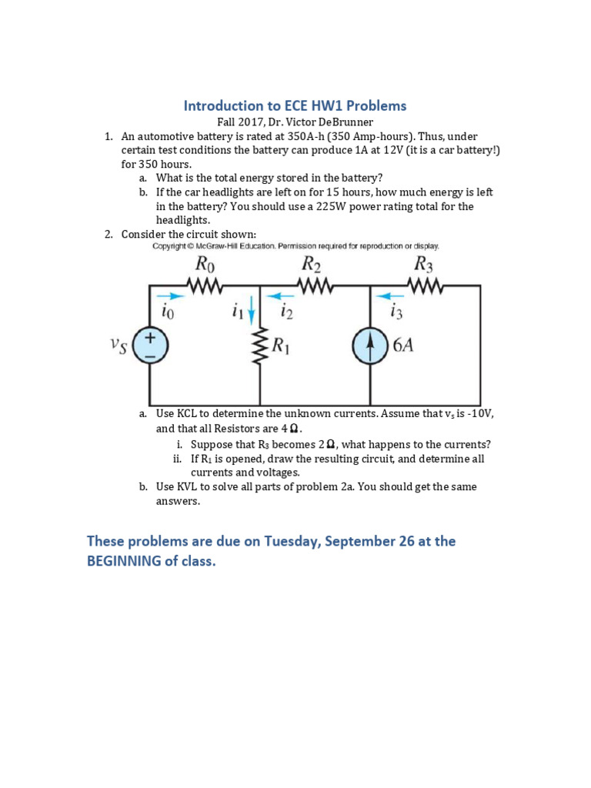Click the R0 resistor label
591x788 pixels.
coord(203,265)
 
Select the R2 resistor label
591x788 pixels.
coord(311,265)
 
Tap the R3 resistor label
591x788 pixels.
coord(424,265)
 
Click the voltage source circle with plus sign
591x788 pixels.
coord(150,346)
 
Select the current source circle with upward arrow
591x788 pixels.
coord(371,346)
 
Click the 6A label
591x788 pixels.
coord(403,346)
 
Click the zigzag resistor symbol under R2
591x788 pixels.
coord(313,286)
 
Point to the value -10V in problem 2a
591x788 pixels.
coord(476,414)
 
